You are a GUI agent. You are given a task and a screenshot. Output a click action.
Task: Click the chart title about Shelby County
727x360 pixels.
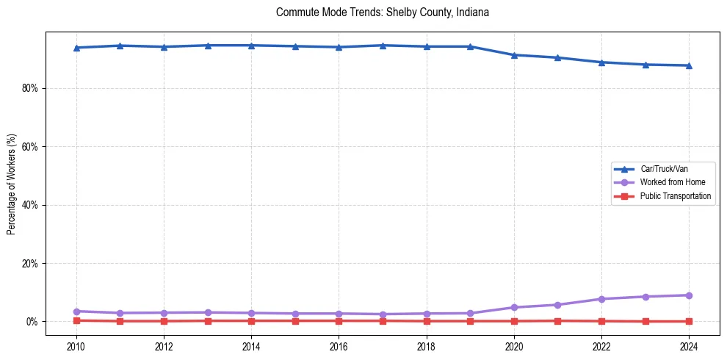tap(382, 12)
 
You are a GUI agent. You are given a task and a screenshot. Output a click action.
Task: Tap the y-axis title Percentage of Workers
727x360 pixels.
tap(11, 184)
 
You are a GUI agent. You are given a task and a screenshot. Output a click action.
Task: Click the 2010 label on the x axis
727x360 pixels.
tap(76, 346)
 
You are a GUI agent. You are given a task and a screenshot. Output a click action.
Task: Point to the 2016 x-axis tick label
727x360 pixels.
tap(339, 346)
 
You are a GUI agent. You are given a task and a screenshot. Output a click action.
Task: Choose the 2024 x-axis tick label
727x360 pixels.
tap(689, 346)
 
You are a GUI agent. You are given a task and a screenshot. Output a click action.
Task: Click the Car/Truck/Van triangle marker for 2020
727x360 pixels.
tap(514, 55)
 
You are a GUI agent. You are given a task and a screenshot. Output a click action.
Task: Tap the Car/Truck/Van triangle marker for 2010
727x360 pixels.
tap(76, 48)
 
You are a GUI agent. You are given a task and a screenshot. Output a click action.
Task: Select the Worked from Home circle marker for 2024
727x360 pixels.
tap(689, 295)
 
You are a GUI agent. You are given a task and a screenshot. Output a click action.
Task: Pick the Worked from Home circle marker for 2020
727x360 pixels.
tap(514, 307)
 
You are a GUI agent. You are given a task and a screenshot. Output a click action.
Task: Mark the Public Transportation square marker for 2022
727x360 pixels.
tap(601, 321)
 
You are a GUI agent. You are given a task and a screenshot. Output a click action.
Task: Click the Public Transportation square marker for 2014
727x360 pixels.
tap(251, 320)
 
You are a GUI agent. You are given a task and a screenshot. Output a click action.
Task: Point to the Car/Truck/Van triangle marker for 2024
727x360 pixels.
tap(689, 65)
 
